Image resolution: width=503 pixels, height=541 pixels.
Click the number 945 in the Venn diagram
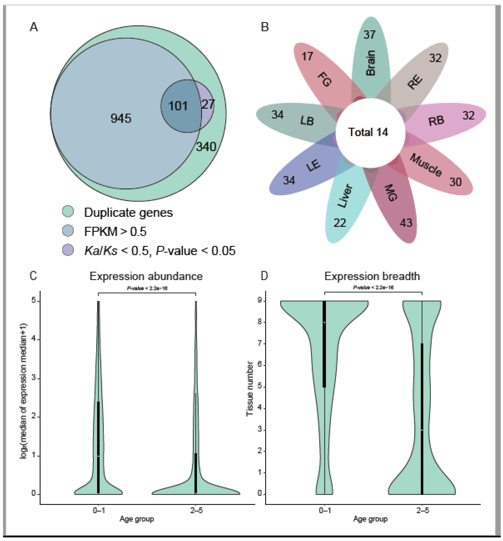click(x=121, y=118)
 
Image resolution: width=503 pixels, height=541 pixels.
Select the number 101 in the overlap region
click(x=178, y=106)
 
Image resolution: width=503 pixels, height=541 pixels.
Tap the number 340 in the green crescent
click(x=206, y=147)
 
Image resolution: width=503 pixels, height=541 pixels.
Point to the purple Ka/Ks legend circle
click(x=68, y=250)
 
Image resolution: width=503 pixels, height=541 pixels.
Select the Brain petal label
click(x=371, y=63)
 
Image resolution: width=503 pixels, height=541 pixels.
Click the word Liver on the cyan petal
click(x=345, y=196)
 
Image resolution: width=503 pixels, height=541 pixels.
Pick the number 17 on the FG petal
click(x=307, y=56)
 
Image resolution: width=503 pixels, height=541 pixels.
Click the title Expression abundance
click(x=146, y=276)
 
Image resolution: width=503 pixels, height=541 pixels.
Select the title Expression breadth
click(x=372, y=276)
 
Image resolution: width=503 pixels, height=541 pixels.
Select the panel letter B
click(x=265, y=27)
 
